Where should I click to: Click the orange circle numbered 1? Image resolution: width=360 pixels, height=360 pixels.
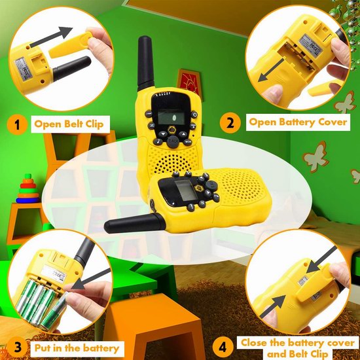[17, 124]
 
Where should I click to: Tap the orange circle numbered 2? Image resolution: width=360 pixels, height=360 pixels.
[230, 122]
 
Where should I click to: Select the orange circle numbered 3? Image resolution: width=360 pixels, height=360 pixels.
[18, 347]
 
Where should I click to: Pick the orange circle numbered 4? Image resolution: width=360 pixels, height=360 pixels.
[223, 347]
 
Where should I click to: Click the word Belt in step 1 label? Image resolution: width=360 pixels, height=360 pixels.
[73, 124]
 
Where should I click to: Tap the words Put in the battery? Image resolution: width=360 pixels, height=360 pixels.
[77, 348]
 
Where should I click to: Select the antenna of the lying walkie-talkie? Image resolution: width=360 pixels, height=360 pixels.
[135, 223]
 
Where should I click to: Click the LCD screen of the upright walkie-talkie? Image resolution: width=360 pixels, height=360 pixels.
[171, 117]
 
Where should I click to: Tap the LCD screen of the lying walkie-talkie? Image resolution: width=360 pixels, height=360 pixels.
[185, 190]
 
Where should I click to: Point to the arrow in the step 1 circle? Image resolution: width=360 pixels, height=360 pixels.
[51, 37]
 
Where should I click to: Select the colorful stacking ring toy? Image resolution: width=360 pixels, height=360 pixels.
[27, 189]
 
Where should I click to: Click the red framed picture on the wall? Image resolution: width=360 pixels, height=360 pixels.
[189, 82]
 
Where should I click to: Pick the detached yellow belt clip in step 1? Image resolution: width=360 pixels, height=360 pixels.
[71, 45]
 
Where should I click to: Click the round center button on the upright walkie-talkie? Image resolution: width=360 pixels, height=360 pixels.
[173, 141]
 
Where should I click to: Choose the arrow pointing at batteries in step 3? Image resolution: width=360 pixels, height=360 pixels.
[91, 279]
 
